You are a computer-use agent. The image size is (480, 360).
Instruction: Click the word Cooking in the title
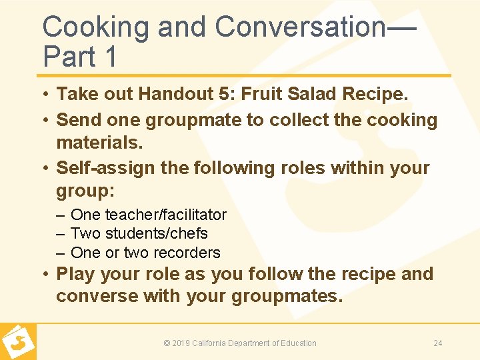tap(98, 27)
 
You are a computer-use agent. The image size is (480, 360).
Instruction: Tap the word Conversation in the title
tap(300, 27)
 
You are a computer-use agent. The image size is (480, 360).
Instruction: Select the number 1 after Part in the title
tap(110, 57)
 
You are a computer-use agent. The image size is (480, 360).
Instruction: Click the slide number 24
tap(438, 343)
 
